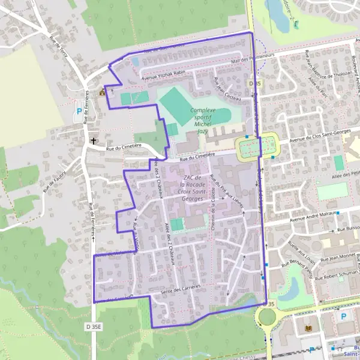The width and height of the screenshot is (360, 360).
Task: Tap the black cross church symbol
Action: point(94,142)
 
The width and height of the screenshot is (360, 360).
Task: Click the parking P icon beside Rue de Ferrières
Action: point(79,111)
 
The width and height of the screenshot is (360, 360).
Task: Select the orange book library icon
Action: point(309,329)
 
